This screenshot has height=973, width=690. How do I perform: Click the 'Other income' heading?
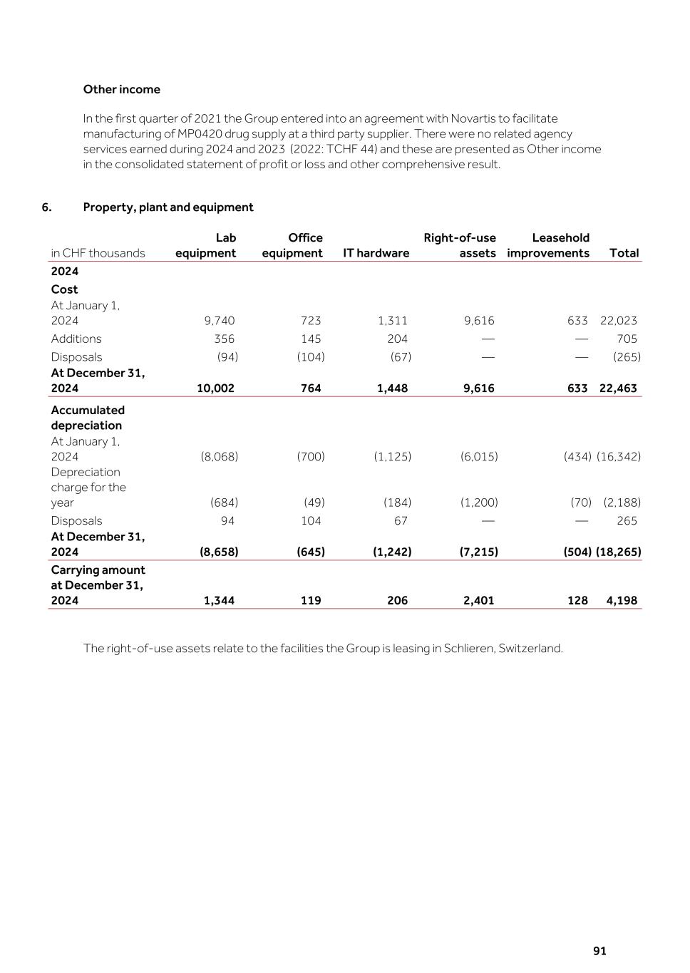click(121, 89)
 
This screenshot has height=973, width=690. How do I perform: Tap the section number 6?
click(46, 207)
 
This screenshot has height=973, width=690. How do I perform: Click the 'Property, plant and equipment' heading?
click(168, 207)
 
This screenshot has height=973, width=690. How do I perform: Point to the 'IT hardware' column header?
click(376, 253)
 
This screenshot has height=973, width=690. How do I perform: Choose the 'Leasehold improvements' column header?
click(548, 245)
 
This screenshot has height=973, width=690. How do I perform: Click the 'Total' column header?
click(624, 253)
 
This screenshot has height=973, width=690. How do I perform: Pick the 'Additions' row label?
click(76, 339)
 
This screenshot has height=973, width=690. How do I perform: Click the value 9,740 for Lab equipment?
click(219, 321)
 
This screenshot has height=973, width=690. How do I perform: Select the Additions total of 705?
click(627, 339)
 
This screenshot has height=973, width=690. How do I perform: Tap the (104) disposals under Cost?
click(311, 357)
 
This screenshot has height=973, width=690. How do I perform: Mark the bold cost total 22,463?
click(618, 388)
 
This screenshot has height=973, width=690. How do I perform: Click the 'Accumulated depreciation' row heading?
click(87, 418)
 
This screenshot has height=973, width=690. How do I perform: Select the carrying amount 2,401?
click(478, 601)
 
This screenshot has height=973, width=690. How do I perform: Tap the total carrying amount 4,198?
click(622, 601)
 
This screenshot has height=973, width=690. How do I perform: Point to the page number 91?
click(599, 951)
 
